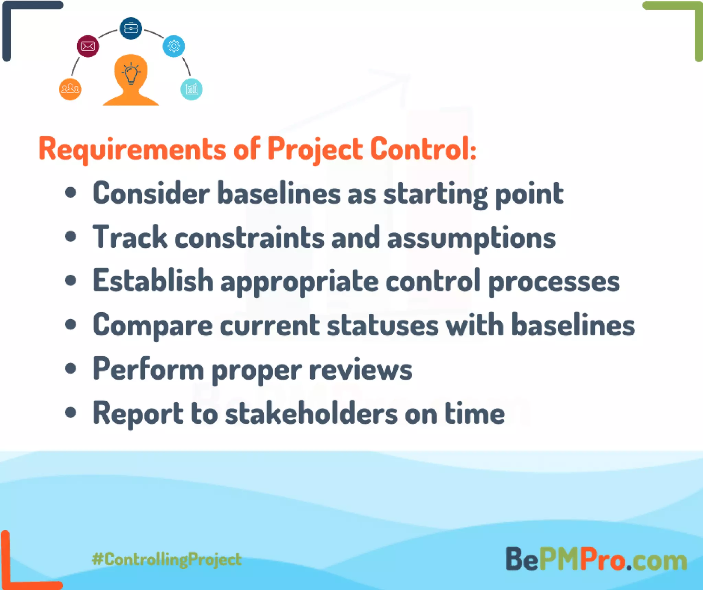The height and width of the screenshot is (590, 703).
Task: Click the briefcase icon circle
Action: (130, 28)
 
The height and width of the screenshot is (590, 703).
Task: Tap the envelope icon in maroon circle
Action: (88, 46)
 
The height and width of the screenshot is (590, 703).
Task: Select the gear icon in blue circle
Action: (174, 46)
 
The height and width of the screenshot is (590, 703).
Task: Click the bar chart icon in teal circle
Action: (192, 89)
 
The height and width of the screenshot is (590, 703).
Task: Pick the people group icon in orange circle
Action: (70, 89)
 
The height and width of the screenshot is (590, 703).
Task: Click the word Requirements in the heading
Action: (132, 149)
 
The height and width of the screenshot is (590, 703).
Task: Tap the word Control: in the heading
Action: (423, 149)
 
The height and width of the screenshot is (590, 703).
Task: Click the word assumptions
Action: (471, 238)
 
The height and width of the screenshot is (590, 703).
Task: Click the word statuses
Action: (382, 325)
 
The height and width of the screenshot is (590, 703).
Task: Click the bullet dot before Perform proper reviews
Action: (71, 369)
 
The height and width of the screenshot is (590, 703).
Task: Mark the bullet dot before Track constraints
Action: (71, 237)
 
